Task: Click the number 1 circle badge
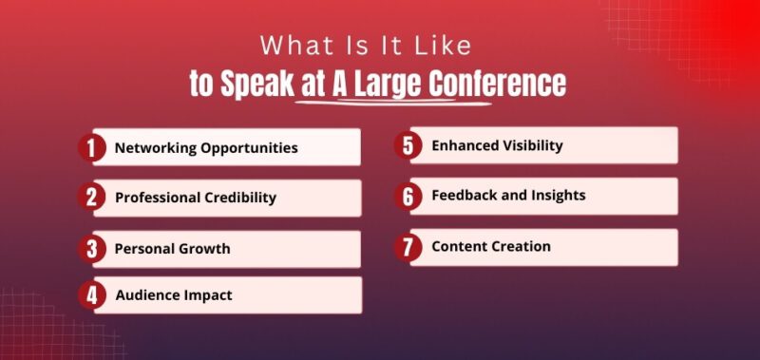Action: pyautogui.click(x=91, y=148)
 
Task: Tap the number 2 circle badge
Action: pyautogui.click(x=91, y=198)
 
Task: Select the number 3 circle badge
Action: pyautogui.click(x=91, y=249)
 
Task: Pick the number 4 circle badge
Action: pyautogui.click(x=91, y=295)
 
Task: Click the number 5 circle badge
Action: pyautogui.click(x=408, y=146)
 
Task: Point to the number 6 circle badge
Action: pyautogui.click(x=408, y=196)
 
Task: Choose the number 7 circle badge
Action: pyautogui.click(x=408, y=247)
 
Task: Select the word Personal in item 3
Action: pyautogui.click(x=143, y=249)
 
